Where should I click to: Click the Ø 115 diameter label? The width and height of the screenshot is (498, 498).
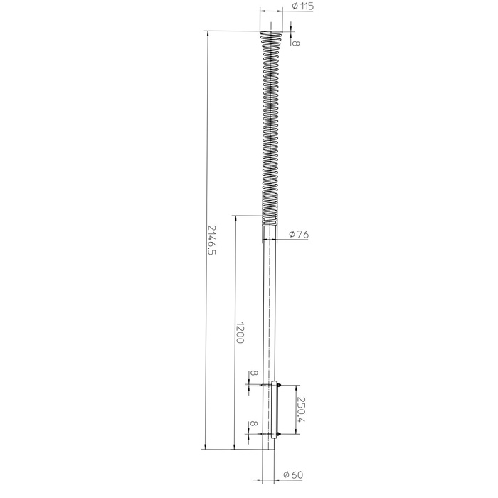pos(302,6)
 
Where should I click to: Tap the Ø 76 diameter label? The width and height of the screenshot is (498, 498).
pos(299,234)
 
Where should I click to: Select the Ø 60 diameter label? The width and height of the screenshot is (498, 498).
pos(293,475)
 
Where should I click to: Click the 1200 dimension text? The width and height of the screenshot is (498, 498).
pos(240,333)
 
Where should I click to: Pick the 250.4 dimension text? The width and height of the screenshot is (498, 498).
pos(301,409)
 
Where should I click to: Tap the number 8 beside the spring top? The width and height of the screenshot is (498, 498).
pos(296,42)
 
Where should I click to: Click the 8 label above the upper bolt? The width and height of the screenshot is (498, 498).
pos(253,373)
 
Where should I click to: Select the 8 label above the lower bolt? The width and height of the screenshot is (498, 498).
pos(253,424)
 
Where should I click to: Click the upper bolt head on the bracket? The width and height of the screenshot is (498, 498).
pos(279,386)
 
